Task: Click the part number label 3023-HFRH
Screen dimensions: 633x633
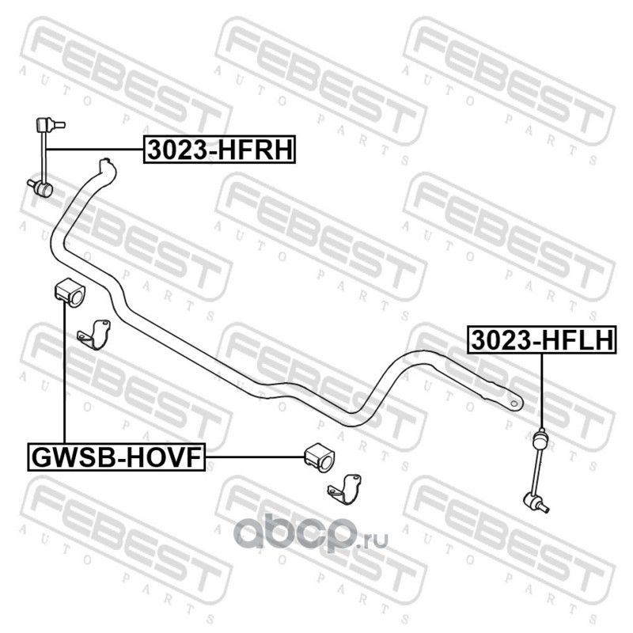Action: click(x=218, y=149)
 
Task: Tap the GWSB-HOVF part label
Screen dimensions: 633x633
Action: click(x=117, y=457)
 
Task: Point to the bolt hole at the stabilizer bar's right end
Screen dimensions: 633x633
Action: click(x=515, y=402)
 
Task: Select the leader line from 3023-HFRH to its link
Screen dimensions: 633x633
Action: click(x=95, y=149)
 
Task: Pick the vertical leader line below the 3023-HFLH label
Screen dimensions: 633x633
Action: click(x=542, y=388)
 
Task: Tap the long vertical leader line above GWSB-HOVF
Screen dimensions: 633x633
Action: click(x=63, y=372)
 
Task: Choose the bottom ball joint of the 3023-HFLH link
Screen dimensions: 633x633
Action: click(x=532, y=499)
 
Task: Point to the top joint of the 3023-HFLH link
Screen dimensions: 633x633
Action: click(x=542, y=434)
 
